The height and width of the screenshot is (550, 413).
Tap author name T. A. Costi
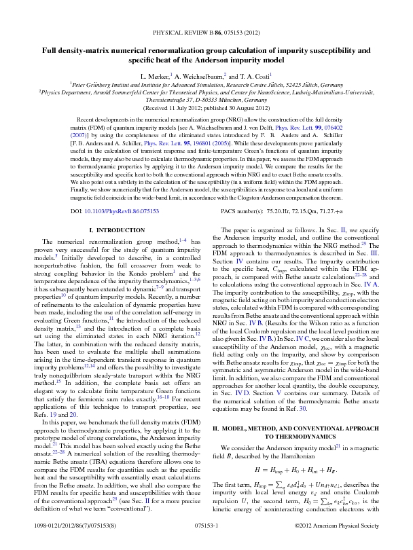(257, 77)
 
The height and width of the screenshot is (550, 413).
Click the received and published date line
(206, 107)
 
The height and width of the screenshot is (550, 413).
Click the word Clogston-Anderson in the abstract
(254, 198)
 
